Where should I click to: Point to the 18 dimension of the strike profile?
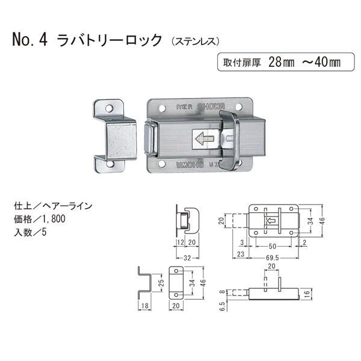coord(143,306)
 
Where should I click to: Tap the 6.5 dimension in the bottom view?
coord(222,306)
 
